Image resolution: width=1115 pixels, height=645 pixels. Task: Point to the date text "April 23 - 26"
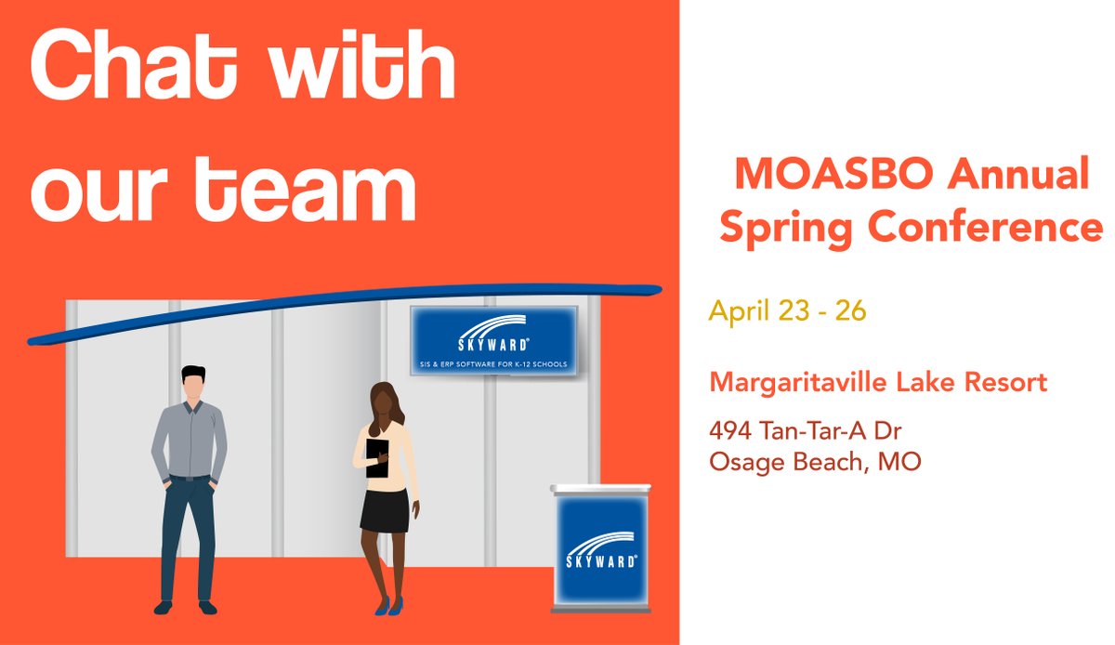tap(787, 310)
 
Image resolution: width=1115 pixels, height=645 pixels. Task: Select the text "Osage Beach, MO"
tap(814, 461)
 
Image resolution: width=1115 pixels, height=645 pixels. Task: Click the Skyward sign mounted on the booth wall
tap(493, 340)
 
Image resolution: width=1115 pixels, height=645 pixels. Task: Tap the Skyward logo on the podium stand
tap(601, 547)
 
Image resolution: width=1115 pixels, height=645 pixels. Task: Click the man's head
tap(193, 386)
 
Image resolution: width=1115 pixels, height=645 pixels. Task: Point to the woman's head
tap(383, 401)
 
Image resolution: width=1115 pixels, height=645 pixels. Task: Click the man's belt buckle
tap(190, 478)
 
